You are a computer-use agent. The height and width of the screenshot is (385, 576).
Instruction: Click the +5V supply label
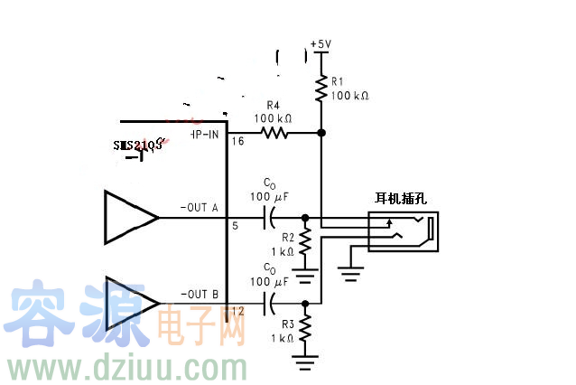(x=321, y=43)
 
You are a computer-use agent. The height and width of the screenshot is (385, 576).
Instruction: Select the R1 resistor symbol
(x=321, y=89)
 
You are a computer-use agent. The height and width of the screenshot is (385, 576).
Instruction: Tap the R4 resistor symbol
(x=274, y=133)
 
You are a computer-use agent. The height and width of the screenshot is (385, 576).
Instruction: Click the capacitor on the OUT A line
(x=268, y=217)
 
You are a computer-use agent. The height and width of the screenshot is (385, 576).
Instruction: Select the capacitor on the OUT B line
(x=268, y=304)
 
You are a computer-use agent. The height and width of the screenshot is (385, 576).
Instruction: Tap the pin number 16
(x=237, y=141)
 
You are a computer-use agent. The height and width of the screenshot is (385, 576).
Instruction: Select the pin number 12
(x=237, y=312)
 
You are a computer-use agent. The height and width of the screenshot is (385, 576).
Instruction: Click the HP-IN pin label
(x=204, y=133)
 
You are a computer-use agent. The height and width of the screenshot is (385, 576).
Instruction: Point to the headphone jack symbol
(x=404, y=231)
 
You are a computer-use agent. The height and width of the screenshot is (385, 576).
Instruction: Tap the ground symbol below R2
(x=305, y=269)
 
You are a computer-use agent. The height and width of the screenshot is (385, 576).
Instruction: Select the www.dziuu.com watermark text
(x=126, y=369)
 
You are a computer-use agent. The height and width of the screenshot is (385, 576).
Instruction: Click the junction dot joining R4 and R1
(x=321, y=133)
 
